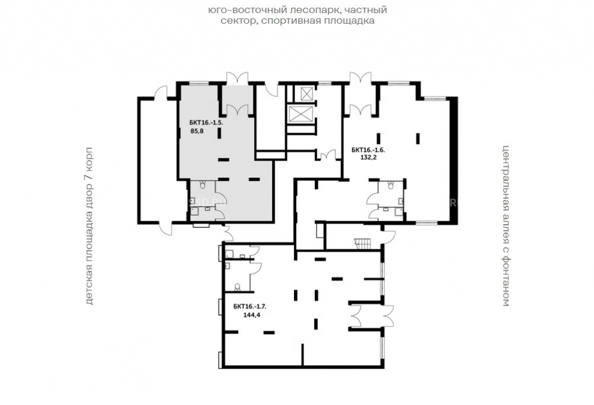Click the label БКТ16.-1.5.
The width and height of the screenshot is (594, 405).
pos(207,123)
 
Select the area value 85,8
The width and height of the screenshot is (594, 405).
pos(197,131)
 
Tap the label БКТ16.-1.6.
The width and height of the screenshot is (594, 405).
pos(368,150)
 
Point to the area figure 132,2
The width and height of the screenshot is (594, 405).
pos(368,157)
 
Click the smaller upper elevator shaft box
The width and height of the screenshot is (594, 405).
pos(306,93)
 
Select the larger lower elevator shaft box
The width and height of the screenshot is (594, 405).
pos(299,114)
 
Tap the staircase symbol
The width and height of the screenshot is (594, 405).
pos(361,244)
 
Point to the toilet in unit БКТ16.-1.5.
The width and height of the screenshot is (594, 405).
pos(203,184)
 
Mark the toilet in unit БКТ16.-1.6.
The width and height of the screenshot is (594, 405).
pos(391,185)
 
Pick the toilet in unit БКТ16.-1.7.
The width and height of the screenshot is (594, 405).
pos(238,287)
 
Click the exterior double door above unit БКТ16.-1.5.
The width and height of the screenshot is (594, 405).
pos(237,79)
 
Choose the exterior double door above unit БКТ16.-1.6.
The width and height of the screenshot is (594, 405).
pos(360,79)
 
